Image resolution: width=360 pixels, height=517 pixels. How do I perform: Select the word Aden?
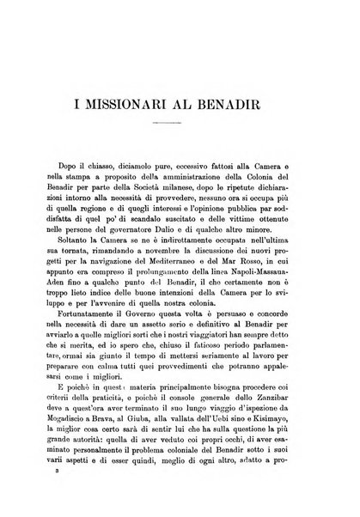point(64,304)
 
